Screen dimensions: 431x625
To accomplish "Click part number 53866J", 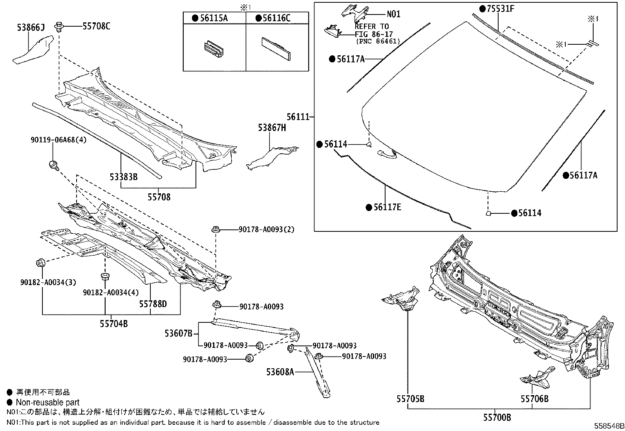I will (31, 27).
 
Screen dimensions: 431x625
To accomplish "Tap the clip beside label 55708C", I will (59, 27).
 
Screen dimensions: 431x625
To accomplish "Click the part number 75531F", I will (500, 8).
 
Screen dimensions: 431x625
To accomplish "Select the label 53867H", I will (272, 127).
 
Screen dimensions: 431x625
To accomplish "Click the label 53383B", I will (124, 177).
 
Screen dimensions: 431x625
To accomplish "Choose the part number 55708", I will (159, 197).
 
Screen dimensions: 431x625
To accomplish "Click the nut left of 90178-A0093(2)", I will (215, 229).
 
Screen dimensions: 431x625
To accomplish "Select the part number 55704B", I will (113, 324).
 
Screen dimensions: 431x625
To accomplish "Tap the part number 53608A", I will (279, 371).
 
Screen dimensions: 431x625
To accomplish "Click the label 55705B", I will (410, 399).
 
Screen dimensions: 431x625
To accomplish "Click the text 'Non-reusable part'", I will (48, 402).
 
